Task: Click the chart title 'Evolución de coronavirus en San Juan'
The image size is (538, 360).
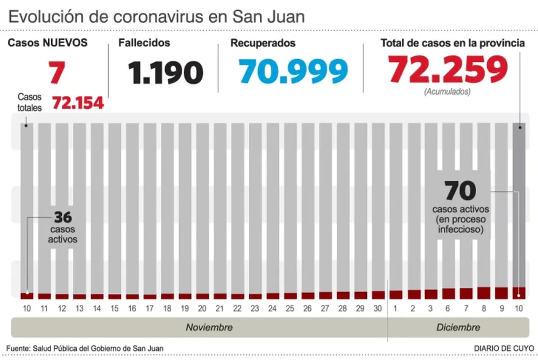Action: [x=156, y=17]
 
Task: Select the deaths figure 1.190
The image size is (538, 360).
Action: [x=166, y=72]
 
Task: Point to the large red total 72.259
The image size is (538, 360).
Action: [x=448, y=69]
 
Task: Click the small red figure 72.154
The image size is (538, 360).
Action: [x=78, y=102]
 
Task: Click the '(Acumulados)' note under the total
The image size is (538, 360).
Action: [x=447, y=91]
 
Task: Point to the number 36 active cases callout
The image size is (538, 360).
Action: [x=63, y=218]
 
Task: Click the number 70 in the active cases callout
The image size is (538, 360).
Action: [x=461, y=191]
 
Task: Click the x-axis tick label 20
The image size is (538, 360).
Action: [x=202, y=309]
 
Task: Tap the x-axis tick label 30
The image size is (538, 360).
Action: [x=378, y=309]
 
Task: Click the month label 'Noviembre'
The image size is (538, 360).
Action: [x=209, y=327]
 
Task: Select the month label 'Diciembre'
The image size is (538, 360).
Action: [x=458, y=327]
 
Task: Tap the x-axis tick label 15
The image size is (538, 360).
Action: [x=115, y=309]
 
